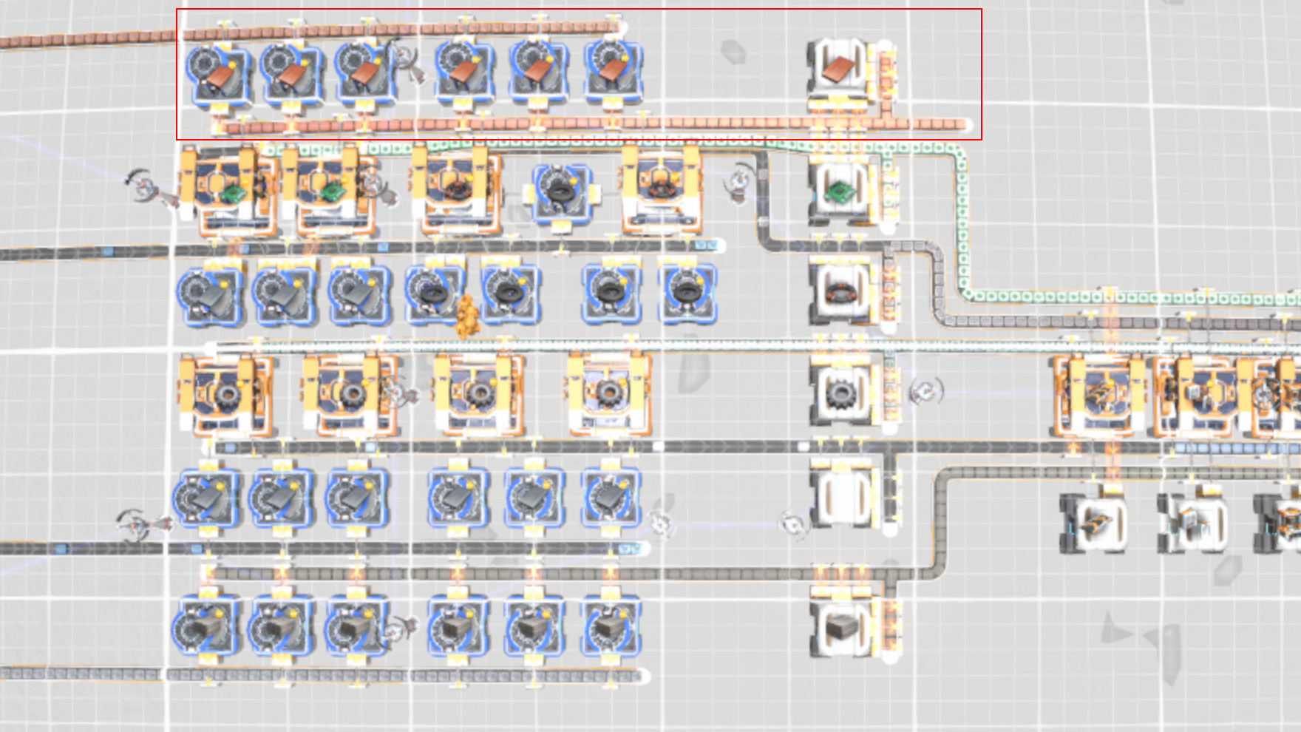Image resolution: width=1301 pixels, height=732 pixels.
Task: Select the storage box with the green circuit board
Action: point(839,192)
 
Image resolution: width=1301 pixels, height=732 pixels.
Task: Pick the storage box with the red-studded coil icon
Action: point(839,291)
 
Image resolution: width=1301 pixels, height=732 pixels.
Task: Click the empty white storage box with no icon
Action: point(839,493)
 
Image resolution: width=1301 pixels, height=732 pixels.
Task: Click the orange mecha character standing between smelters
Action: point(466,316)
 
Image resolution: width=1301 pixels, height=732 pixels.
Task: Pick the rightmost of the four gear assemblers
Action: point(609,394)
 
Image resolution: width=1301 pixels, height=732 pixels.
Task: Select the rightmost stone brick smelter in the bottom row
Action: point(610,628)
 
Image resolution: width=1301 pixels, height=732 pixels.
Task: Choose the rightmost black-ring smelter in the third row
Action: point(687,294)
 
